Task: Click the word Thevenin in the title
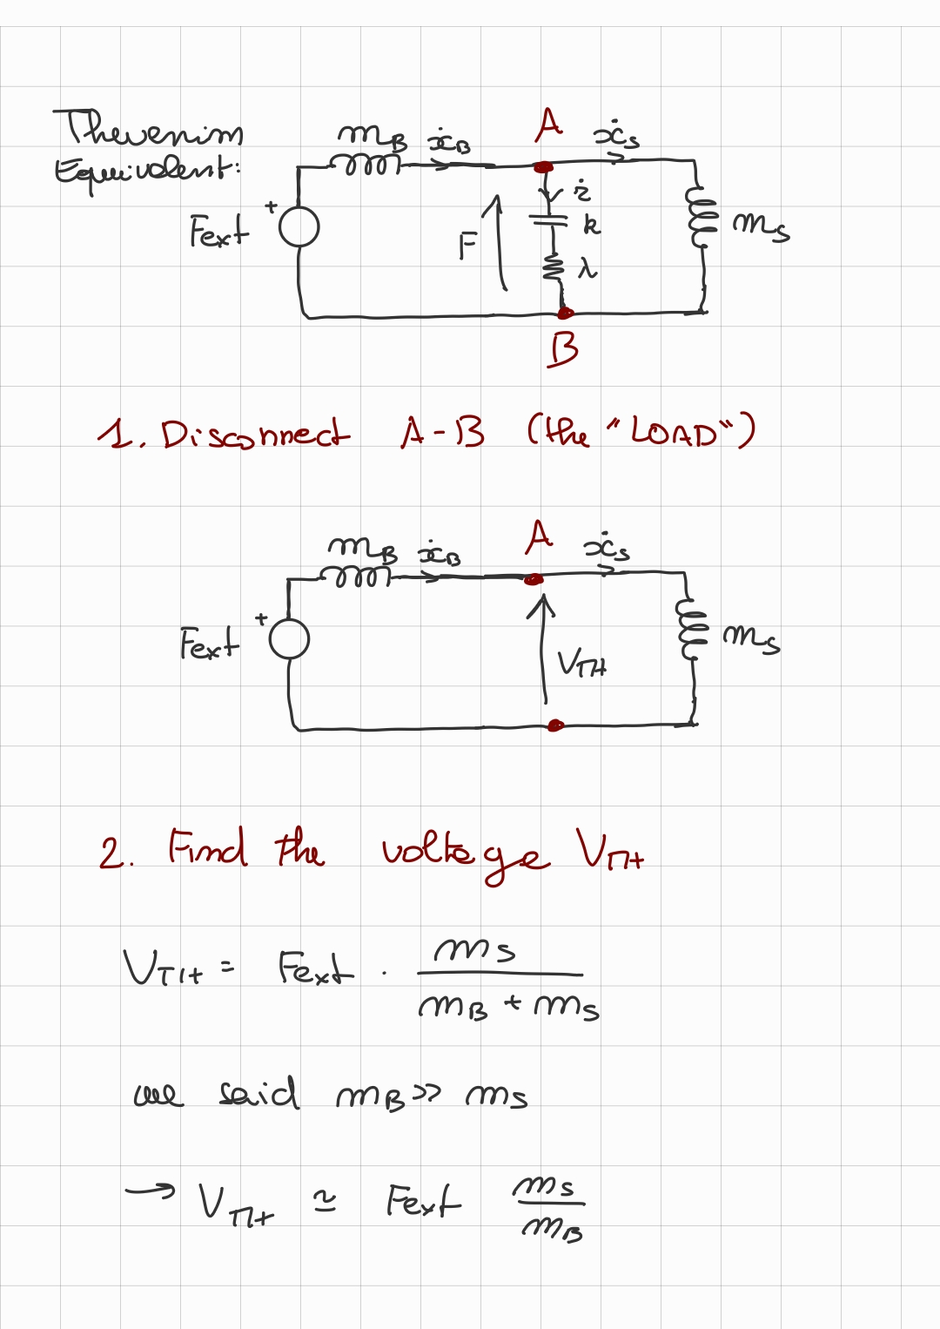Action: [x=149, y=131]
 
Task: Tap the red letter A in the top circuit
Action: [x=549, y=125]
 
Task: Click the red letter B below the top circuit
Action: [x=563, y=350]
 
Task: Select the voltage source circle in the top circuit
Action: [x=299, y=228]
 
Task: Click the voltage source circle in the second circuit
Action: [x=290, y=640]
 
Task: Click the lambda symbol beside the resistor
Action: [x=588, y=269]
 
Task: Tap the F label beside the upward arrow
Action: [x=468, y=247]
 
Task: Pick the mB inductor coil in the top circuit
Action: [x=365, y=164]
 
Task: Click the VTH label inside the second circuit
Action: [x=581, y=664]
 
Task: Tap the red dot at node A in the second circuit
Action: [x=534, y=579]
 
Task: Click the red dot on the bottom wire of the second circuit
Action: [x=555, y=725]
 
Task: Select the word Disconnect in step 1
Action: [x=255, y=433]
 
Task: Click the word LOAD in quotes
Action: [x=674, y=431]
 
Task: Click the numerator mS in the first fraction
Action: [x=475, y=949]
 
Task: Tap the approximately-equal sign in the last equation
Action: [x=325, y=1203]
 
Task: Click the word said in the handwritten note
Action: [x=258, y=1094]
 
